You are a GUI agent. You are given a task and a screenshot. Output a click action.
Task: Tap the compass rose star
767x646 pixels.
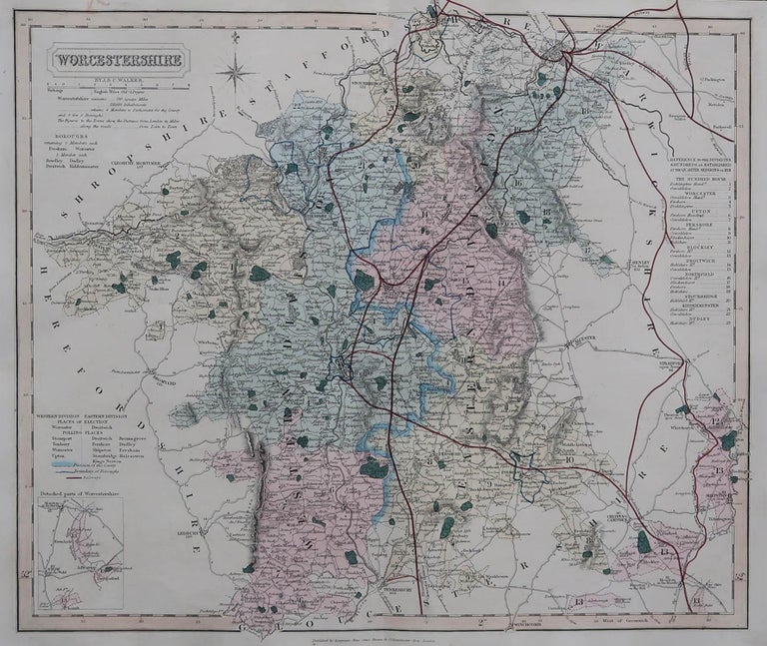point(237,72)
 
